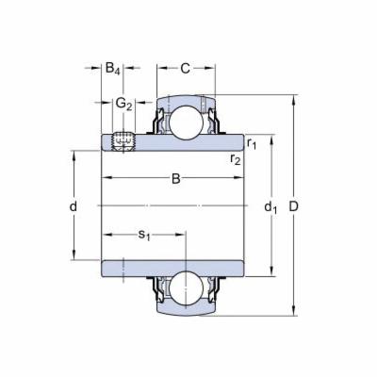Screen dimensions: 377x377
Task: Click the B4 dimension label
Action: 112,68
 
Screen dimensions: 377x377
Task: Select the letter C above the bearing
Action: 186,68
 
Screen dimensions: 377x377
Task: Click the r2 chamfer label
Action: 236,158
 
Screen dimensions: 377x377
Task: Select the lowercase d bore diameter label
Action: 73,205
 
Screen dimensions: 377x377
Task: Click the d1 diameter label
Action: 271,205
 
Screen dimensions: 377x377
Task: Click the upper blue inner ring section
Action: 174,141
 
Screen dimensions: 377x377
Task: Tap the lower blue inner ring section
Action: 174,267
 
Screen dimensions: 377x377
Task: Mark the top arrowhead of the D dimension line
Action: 298,98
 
